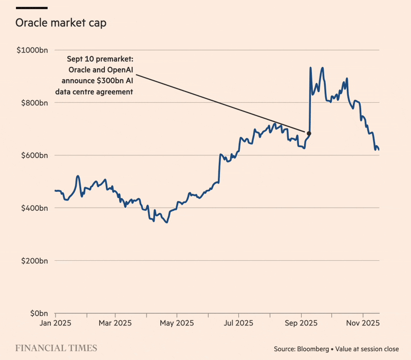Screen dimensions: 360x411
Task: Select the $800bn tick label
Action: [35, 103]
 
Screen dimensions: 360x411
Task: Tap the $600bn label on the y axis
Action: [35, 155]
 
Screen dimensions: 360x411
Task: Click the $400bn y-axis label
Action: [35, 208]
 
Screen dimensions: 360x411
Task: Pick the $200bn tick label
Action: [35, 261]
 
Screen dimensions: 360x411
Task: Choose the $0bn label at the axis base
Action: [38, 313]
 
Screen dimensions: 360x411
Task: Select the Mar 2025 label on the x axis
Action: [115, 323]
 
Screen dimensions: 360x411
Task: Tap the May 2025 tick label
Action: [176, 323]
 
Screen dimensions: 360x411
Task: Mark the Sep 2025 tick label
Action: [301, 323]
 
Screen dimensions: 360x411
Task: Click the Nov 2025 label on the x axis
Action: [363, 323]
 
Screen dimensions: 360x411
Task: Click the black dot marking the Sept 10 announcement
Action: [309, 134]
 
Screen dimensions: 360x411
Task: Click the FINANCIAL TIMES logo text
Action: [56, 348]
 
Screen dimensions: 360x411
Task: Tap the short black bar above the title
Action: [32, 8]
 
